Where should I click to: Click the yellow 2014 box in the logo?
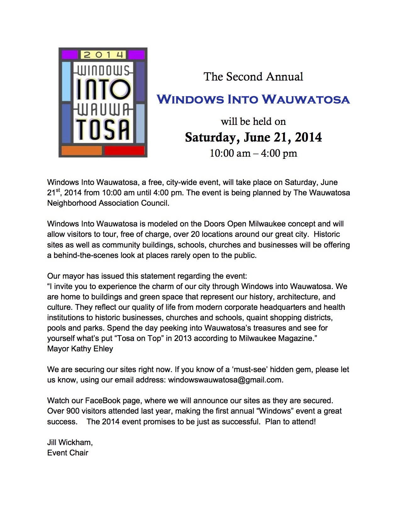click(x=103, y=55)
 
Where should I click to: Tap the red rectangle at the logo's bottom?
click(x=124, y=150)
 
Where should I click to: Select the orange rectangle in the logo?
click(x=81, y=150)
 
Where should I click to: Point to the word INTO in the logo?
click(x=103, y=89)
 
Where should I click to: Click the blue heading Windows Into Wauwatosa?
click(x=253, y=99)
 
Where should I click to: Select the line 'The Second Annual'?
click(x=253, y=77)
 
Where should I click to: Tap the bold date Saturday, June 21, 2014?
click(x=253, y=137)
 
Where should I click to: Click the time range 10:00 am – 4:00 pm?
click(x=253, y=153)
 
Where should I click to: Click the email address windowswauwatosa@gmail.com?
click(x=225, y=380)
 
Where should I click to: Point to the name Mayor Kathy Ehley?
click(x=80, y=349)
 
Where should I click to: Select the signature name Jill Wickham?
click(x=70, y=443)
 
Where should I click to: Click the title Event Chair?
click(x=68, y=453)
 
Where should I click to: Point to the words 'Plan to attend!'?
click(x=290, y=422)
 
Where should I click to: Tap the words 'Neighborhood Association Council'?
click(x=108, y=203)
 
